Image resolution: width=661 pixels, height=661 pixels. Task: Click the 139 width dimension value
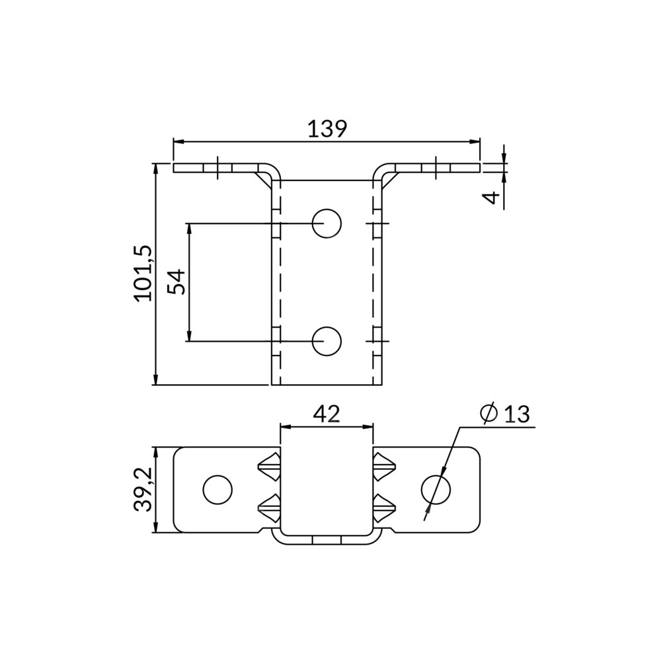pos(327,128)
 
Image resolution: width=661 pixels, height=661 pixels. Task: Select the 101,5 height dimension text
pos(143,273)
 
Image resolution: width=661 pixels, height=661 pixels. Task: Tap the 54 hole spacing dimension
pos(176,282)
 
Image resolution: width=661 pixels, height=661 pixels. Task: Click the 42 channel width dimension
pos(326,414)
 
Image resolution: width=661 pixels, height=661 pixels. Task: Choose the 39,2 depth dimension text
pos(143,489)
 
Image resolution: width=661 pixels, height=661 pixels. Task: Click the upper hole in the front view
pos(327,223)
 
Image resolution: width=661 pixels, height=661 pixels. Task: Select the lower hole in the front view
pos(327,341)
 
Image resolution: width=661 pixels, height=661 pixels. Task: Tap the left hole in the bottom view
pos(217,490)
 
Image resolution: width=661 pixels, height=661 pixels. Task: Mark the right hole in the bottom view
pos(436,490)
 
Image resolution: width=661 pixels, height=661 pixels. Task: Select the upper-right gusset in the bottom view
pos(384,467)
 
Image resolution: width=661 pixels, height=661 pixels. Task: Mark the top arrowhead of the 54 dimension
pos(189,228)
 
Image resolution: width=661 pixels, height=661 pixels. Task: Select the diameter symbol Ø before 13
pos(488,414)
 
